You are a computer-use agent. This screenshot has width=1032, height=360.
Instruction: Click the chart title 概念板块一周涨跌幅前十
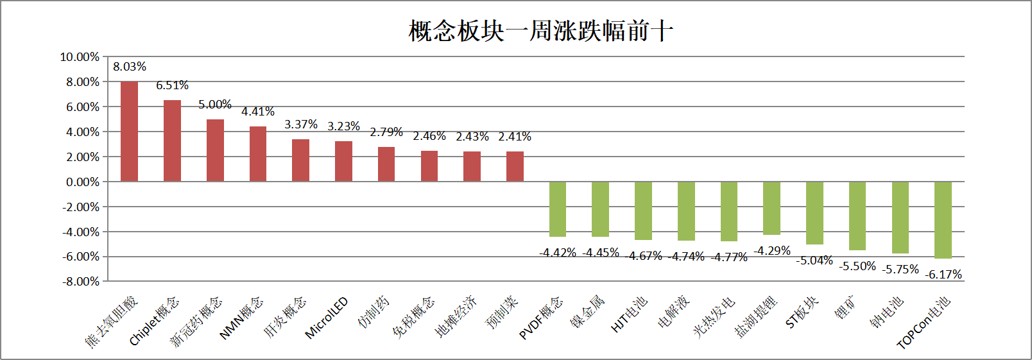(540, 31)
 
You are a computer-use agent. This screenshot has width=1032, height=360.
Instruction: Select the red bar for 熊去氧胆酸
(129, 132)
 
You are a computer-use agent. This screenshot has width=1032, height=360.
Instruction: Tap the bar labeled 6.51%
(172, 141)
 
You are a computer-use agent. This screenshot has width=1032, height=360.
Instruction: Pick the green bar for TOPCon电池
(943, 219)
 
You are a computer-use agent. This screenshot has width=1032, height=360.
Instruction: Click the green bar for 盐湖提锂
(771, 208)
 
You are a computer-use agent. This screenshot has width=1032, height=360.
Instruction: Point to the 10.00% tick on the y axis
(80, 57)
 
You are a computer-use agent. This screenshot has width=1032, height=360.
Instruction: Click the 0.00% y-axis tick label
(83, 182)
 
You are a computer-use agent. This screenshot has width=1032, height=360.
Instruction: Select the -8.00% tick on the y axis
(81, 282)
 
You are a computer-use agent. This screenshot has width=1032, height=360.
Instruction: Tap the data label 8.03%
(130, 67)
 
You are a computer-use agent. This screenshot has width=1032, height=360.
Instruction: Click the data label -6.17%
(943, 275)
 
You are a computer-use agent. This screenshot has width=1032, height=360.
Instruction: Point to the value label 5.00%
(215, 105)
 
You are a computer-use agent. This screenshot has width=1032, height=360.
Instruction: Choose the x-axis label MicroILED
(327, 317)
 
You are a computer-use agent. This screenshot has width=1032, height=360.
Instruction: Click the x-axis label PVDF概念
(540, 318)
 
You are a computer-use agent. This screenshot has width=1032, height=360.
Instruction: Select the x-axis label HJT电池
(629, 314)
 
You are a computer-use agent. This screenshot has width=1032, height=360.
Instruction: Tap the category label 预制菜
(502, 313)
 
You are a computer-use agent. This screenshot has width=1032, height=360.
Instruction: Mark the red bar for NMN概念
(258, 154)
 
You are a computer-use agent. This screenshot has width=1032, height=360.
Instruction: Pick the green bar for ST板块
(814, 213)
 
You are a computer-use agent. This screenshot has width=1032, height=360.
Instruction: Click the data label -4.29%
(772, 251)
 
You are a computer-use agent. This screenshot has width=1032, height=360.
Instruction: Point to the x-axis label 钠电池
(887, 312)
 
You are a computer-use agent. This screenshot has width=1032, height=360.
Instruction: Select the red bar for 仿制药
(386, 164)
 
